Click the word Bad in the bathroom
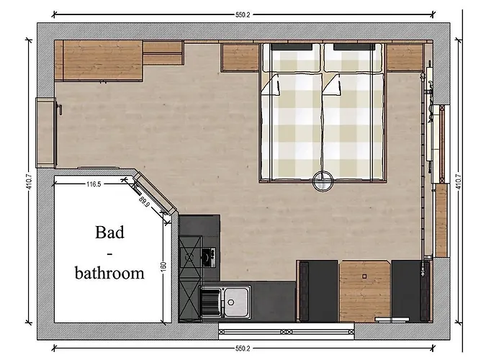[x=109, y=233]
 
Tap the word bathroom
[x=110, y=273]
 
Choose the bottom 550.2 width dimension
[x=243, y=348]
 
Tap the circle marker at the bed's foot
[x=323, y=179]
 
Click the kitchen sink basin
[x=235, y=297]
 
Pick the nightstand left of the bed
[x=240, y=58]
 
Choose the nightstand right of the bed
[x=404, y=58]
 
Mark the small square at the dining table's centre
[x=365, y=275]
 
